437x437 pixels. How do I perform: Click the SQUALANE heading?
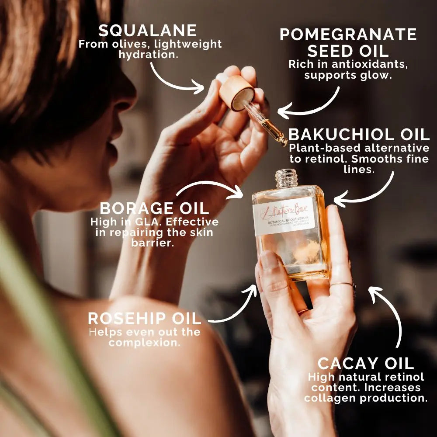point(147,31)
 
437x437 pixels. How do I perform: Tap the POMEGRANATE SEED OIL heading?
point(348,42)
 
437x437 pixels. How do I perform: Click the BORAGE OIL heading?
point(154,208)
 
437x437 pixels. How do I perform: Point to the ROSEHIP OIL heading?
point(145,318)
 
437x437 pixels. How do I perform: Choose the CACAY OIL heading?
point(365,363)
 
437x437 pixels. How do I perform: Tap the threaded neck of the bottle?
point(286,178)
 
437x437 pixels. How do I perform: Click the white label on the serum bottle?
point(284,217)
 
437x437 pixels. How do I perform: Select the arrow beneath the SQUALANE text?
point(175,79)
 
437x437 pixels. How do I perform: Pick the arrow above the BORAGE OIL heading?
point(210,187)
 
